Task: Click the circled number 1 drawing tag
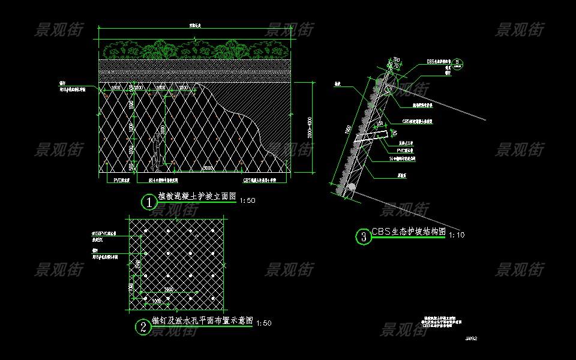[148, 202]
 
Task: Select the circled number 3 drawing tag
[363, 237]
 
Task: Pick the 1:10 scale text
[457, 235]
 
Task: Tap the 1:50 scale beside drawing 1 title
[247, 201]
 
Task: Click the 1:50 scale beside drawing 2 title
[263, 323]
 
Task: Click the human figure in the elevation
[157, 148]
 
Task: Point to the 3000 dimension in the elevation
[206, 169]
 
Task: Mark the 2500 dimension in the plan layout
[170, 289]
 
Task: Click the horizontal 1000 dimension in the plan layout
[155, 299]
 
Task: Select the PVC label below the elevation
[122, 179]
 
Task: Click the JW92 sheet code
[470, 338]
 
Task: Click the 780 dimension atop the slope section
[397, 59]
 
